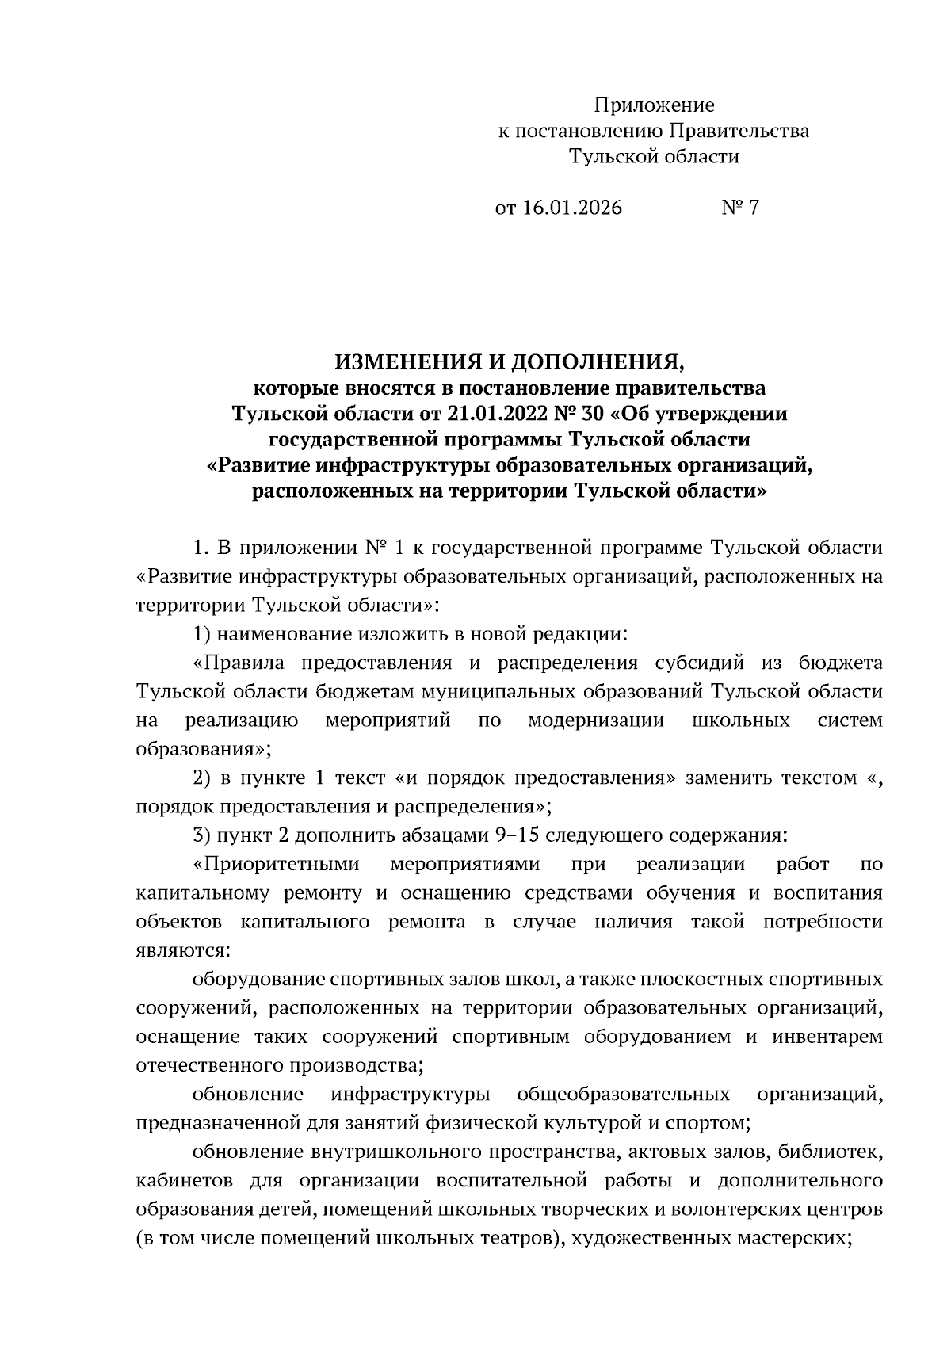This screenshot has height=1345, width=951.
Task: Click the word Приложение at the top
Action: [x=654, y=105]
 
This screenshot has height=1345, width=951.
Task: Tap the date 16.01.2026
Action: [x=571, y=208]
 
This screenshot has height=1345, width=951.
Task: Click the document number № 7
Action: [x=740, y=208]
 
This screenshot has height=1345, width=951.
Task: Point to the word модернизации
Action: [x=596, y=720]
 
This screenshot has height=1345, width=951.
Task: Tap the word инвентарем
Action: [x=827, y=1037]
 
